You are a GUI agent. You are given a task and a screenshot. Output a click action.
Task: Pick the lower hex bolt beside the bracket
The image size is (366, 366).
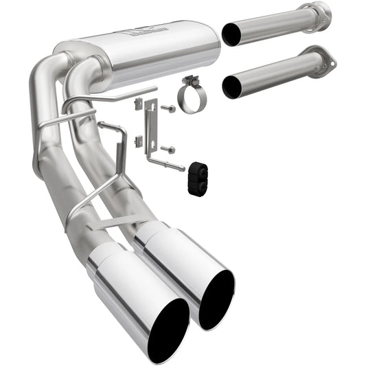tap(168, 149)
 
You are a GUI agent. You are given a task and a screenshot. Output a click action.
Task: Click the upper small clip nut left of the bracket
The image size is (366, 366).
tap(138, 104)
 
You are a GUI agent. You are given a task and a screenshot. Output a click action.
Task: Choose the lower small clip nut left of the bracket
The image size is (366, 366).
tap(138, 140)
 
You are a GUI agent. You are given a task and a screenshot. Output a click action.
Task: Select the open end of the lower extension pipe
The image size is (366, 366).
tap(232, 87)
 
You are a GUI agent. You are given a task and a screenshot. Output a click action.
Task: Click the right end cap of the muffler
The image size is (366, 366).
tap(209, 46)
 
